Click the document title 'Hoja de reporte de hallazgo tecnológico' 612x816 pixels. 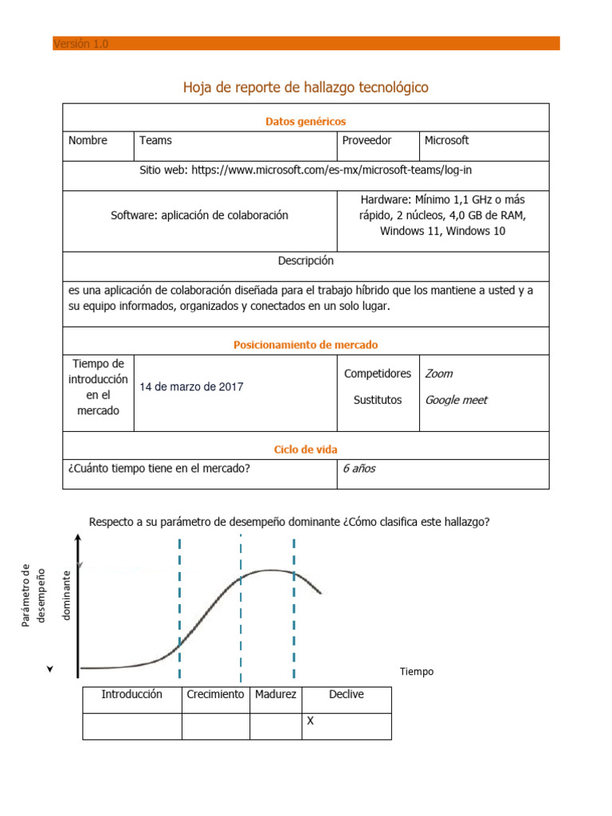[306, 87]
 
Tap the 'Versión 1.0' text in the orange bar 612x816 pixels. [80, 44]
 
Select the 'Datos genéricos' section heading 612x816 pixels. [305, 121]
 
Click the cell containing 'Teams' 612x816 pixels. [155, 140]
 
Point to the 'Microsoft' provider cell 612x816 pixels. [446, 140]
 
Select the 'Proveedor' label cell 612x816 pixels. [367, 140]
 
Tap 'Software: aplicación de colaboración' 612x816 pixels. [199, 215]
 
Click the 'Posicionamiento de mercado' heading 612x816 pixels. [305, 345]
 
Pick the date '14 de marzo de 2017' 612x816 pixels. [191, 386]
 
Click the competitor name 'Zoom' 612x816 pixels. [439, 374]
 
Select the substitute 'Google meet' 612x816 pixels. [456, 400]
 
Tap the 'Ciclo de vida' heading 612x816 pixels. [305, 450]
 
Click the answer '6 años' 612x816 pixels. [359, 469]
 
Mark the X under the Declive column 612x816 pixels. [311, 720]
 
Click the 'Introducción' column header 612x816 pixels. [131, 694]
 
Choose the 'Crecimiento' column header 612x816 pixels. [215, 694]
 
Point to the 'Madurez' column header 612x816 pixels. [276, 694]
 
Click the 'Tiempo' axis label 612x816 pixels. [417, 672]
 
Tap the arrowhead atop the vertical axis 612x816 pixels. [78, 540]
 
